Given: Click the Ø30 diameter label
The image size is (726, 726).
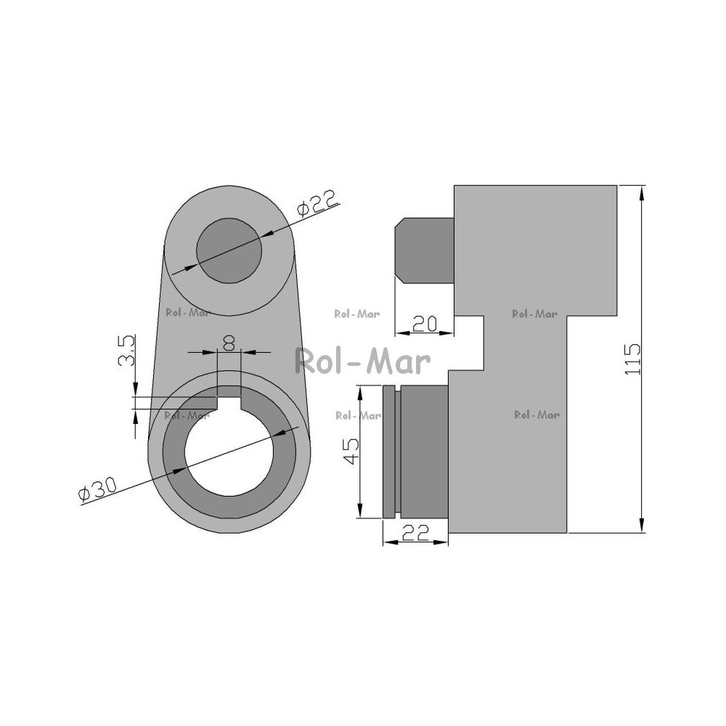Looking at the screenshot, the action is pyautogui.click(x=98, y=489).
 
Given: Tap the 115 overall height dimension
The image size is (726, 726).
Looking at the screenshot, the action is pyautogui.click(x=632, y=359).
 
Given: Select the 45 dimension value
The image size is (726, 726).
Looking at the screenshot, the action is pyautogui.click(x=351, y=451).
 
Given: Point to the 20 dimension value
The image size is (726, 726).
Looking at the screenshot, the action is pyautogui.click(x=425, y=324).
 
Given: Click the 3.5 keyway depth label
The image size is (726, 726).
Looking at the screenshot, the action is pyautogui.click(x=126, y=350).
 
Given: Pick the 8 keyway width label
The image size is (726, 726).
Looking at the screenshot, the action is pyautogui.click(x=229, y=343).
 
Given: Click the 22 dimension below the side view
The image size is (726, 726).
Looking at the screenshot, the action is pyautogui.click(x=415, y=532).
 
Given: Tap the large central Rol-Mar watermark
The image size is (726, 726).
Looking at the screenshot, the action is pyautogui.click(x=363, y=361).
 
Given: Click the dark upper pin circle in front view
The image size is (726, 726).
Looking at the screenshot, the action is pyautogui.click(x=229, y=250).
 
